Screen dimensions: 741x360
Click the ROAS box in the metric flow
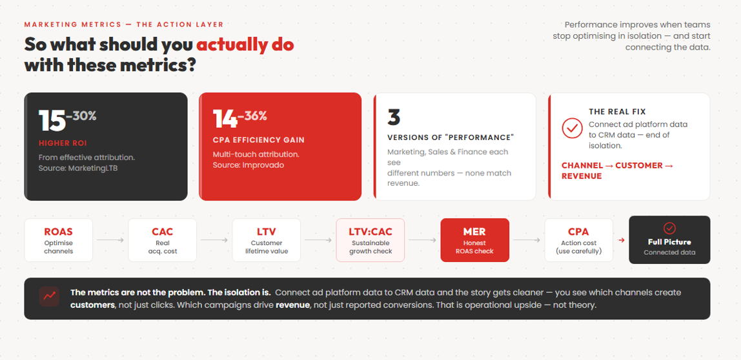click(x=59, y=240)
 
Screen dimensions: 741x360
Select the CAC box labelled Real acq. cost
click(x=163, y=240)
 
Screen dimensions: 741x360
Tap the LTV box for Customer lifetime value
click(x=267, y=240)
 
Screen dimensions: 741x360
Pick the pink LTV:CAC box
click(x=370, y=240)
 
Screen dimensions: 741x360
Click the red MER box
click(x=475, y=240)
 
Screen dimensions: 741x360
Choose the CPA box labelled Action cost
click(x=579, y=240)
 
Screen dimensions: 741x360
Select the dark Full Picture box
click(x=669, y=240)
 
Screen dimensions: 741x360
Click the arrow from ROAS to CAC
click(x=110, y=241)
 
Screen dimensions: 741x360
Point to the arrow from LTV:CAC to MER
click(x=423, y=241)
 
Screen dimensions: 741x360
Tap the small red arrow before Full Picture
click(x=622, y=241)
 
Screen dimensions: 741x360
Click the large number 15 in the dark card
click(x=52, y=121)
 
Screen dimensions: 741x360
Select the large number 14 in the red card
click(x=225, y=119)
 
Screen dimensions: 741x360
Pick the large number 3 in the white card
click(x=394, y=118)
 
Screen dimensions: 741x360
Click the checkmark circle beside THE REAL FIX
click(x=573, y=128)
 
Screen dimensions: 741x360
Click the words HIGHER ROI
click(x=62, y=143)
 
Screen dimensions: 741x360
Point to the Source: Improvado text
click(x=249, y=165)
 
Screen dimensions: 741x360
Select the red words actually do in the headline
click(x=245, y=45)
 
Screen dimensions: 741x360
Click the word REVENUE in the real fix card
click(x=582, y=176)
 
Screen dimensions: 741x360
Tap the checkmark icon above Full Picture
click(x=669, y=228)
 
